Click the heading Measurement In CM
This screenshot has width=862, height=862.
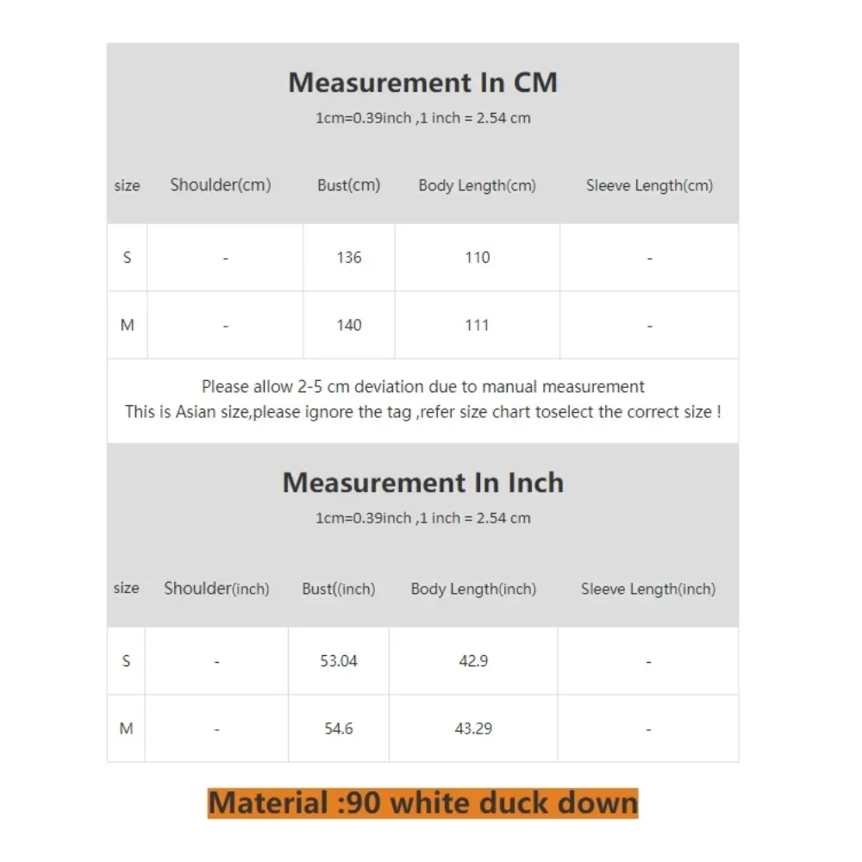422,83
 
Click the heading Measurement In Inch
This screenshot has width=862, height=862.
422,483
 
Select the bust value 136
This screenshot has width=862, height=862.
349,258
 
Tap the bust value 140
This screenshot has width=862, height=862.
349,325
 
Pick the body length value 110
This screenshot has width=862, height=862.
477,258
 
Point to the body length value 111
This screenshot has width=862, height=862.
477,325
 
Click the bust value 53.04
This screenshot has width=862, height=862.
339,661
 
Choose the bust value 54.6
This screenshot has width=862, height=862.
339,728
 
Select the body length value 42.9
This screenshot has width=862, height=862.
473,661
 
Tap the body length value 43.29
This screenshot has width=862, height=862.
473,728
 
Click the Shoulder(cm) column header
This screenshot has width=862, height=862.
221,185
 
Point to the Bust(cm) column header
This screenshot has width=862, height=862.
348,185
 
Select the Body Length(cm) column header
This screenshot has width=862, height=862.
477,185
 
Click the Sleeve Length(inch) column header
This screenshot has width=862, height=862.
648,590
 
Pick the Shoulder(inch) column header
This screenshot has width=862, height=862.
216,589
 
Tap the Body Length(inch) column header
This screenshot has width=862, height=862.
473,590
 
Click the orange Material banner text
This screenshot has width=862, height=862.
422,803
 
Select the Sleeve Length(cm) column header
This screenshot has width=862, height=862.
649,185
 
